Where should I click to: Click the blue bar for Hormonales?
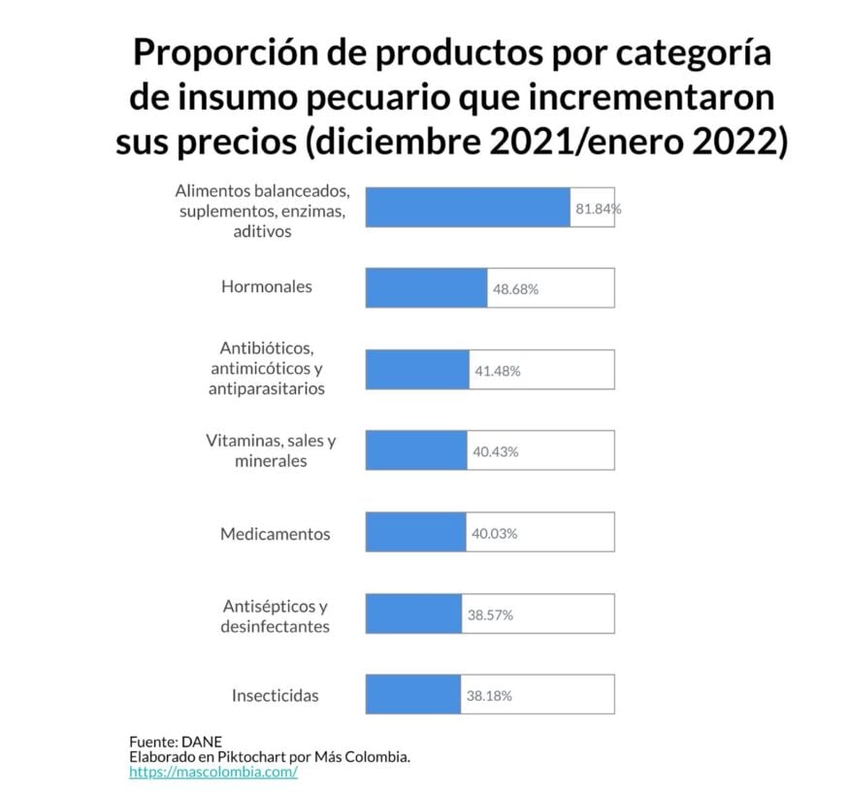426,288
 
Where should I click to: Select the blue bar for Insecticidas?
413,695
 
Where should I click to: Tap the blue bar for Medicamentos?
415,533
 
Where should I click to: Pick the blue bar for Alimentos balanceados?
467,208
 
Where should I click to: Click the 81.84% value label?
598,209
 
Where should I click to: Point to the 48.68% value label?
515,289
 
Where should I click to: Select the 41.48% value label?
497,371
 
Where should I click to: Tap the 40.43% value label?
495,451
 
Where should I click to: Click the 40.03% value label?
495,533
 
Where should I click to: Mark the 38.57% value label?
489,614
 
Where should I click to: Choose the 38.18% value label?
488,696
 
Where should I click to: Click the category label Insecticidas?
275,695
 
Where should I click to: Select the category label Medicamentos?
275,533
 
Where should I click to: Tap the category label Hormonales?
267,286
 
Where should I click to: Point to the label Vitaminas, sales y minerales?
271,450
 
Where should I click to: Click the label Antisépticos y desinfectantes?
275,615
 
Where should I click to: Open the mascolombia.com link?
212,772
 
